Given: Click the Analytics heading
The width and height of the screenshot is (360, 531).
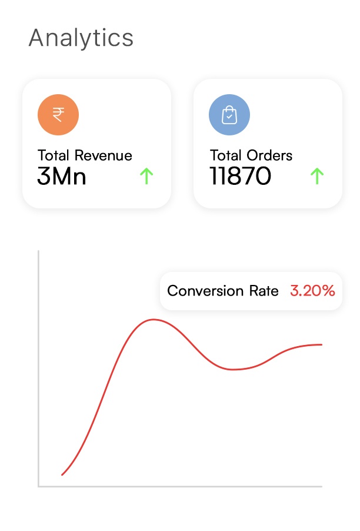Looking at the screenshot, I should tap(81, 38).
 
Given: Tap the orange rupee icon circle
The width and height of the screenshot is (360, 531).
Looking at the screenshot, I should tap(58, 115).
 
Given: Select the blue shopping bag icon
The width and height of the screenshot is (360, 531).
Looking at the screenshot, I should tap(229, 115).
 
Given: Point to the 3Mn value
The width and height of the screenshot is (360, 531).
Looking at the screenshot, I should tap(61, 175).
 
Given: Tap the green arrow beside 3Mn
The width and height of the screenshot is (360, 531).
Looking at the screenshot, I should tap(146, 175).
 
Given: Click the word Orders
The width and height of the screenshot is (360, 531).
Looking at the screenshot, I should tap(269, 155).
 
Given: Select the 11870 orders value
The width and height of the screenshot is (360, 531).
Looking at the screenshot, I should tap(240, 175).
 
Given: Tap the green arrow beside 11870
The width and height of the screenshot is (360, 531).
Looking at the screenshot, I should tap(317, 175).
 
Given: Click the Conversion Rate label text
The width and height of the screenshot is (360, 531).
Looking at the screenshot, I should tap(223, 291).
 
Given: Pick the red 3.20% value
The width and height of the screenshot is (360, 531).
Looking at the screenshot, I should tap(312, 291).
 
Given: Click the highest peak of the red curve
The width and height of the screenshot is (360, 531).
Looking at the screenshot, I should tap(154, 320).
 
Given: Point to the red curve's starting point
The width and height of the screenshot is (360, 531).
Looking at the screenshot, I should tap(62, 474).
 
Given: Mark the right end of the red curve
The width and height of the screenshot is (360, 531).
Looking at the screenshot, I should tap(322, 344).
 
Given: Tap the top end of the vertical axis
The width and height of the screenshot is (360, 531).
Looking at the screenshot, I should tap(39, 251).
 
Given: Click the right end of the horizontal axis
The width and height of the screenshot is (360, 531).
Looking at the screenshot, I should tap(321, 486).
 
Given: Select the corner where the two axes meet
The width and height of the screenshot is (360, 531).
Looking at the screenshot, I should tap(39, 486).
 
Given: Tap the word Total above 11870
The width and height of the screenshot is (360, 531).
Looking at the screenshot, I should tap(225, 155).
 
